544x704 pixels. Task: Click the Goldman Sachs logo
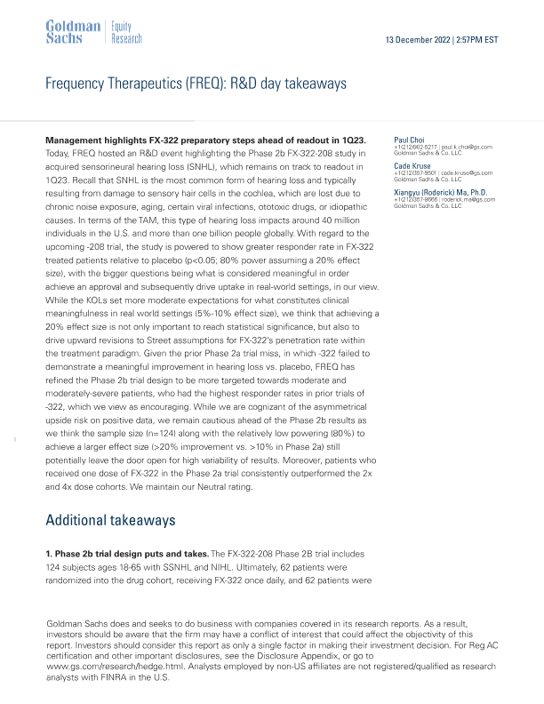point(72,33)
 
